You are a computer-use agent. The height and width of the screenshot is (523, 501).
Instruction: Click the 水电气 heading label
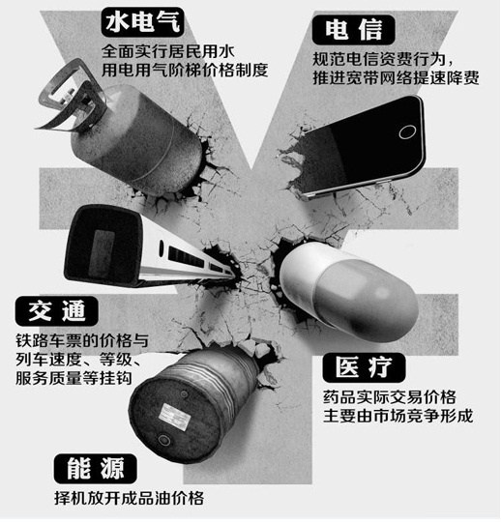pos(142,22)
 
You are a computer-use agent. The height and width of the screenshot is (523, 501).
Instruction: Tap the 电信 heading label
pos(353,30)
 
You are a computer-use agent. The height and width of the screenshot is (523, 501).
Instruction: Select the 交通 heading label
pos(56,311)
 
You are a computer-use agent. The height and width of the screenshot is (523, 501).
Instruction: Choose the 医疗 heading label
pos(364,367)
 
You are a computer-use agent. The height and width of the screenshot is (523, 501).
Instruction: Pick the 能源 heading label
pos(96,469)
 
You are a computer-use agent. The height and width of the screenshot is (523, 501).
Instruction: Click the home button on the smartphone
pos(407,131)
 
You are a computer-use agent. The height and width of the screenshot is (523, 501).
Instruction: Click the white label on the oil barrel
pos(174,417)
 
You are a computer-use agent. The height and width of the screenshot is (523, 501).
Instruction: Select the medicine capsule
pos(347,290)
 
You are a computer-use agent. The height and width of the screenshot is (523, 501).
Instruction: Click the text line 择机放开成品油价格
pos(130,498)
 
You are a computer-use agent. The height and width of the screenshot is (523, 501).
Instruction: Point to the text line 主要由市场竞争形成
pos(398,417)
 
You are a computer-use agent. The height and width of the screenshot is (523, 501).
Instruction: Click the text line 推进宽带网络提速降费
pos(396,77)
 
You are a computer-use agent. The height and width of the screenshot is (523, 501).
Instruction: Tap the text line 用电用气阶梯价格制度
pos(185,70)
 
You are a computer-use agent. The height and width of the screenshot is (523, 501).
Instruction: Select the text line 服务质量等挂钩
pos(74,378)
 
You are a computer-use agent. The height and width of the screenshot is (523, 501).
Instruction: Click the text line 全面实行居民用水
pos(168,51)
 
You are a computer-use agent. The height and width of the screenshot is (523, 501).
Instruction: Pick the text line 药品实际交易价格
pos(390,397)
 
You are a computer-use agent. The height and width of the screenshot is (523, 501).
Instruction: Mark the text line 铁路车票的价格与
pos(82,341)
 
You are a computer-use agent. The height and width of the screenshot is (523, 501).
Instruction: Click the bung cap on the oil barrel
pos(163,439)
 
